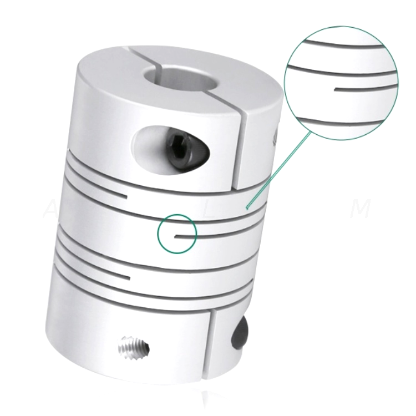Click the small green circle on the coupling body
tap(177, 234)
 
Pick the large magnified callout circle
tap(341, 83)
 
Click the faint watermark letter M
tap(362, 210)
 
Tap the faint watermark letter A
tap(48, 210)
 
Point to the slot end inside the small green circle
tap(175, 236)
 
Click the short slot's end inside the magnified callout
tap(336, 87)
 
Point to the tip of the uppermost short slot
tap(128, 196)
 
